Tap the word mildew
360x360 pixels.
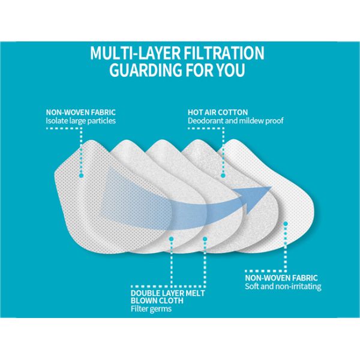[x=253, y=121]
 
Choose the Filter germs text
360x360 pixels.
[x=151, y=309]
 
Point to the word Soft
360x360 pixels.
[x=253, y=286]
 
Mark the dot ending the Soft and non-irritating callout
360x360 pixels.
[x=286, y=223]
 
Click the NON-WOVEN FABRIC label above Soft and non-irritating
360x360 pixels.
[x=281, y=277]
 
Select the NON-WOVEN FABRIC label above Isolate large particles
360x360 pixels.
[x=80, y=112]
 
